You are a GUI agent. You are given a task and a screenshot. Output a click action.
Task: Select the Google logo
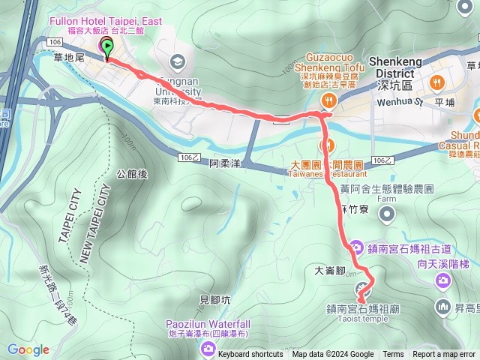(x=28, y=349)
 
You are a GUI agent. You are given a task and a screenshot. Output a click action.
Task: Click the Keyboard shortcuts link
(x=251, y=355)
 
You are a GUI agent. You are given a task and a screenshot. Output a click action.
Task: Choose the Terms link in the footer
(x=393, y=355)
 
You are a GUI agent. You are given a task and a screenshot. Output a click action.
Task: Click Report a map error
(x=444, y=355)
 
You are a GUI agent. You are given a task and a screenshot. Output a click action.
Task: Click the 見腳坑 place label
(x=216, y=298)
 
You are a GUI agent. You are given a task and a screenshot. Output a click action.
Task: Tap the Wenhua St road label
(x=400, y=102)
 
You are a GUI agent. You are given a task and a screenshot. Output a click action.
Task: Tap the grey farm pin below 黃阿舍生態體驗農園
(x=387, y=215)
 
